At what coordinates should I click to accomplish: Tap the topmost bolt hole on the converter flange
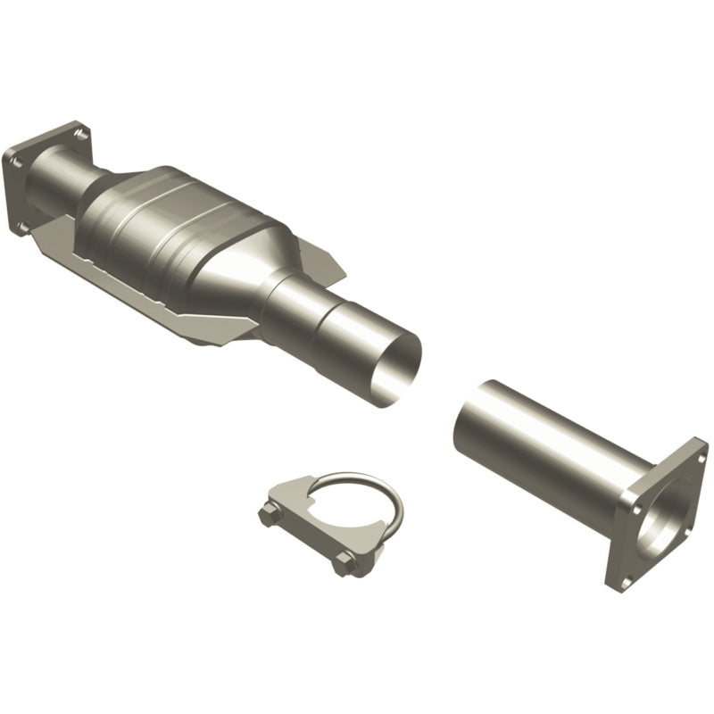pos(81,135)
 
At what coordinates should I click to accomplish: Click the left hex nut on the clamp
pos(269,514)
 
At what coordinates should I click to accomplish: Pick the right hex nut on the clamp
pos(345,564)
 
